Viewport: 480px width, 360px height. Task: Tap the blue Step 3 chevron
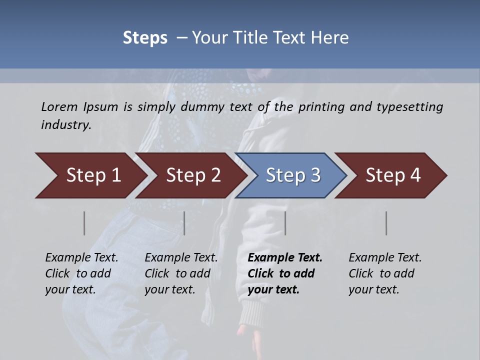(x=293, y=175)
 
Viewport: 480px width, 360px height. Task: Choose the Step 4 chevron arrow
(x=393, y=175)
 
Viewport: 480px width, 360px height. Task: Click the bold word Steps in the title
(x=145, y=38)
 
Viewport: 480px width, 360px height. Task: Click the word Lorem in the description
(x=59, y=107)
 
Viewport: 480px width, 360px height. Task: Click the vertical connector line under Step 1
(x=84, y=223)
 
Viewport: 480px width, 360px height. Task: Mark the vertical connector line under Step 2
(x=184, y=223)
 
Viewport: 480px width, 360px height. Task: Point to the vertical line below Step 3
(x=285, y=223)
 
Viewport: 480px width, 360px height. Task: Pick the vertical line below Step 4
(x=386, y=223)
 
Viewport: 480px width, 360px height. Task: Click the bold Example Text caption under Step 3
(x=285, y=273)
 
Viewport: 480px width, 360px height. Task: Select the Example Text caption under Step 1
(x=81, y=273)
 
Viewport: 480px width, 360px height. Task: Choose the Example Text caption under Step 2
(x=181, y=273)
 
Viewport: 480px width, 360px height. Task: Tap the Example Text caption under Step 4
(x=385, y=273)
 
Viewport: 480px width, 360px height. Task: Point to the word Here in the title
(x=331, y=38)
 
